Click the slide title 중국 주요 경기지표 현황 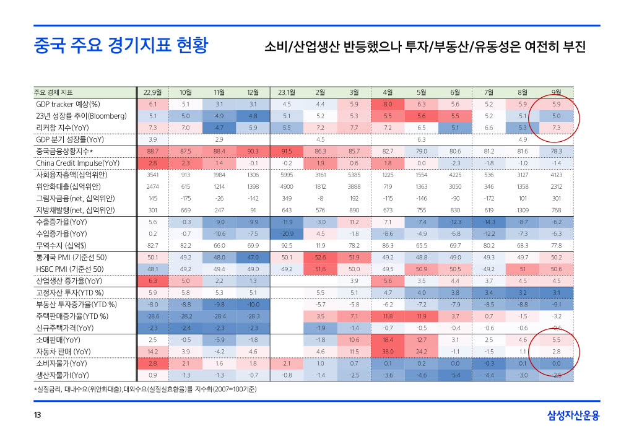point(121,46)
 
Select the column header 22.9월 point(152,92)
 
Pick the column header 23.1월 point(286,92)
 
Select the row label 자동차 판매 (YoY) point(63,352)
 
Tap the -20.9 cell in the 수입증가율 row point(286,234)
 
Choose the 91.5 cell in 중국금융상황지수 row point(286,151)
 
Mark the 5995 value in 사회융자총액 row point(286,175)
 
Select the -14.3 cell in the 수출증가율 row point(489,222)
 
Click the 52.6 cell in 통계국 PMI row point(320,258)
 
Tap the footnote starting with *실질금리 point(145,389)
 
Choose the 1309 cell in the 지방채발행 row point(523,211)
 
